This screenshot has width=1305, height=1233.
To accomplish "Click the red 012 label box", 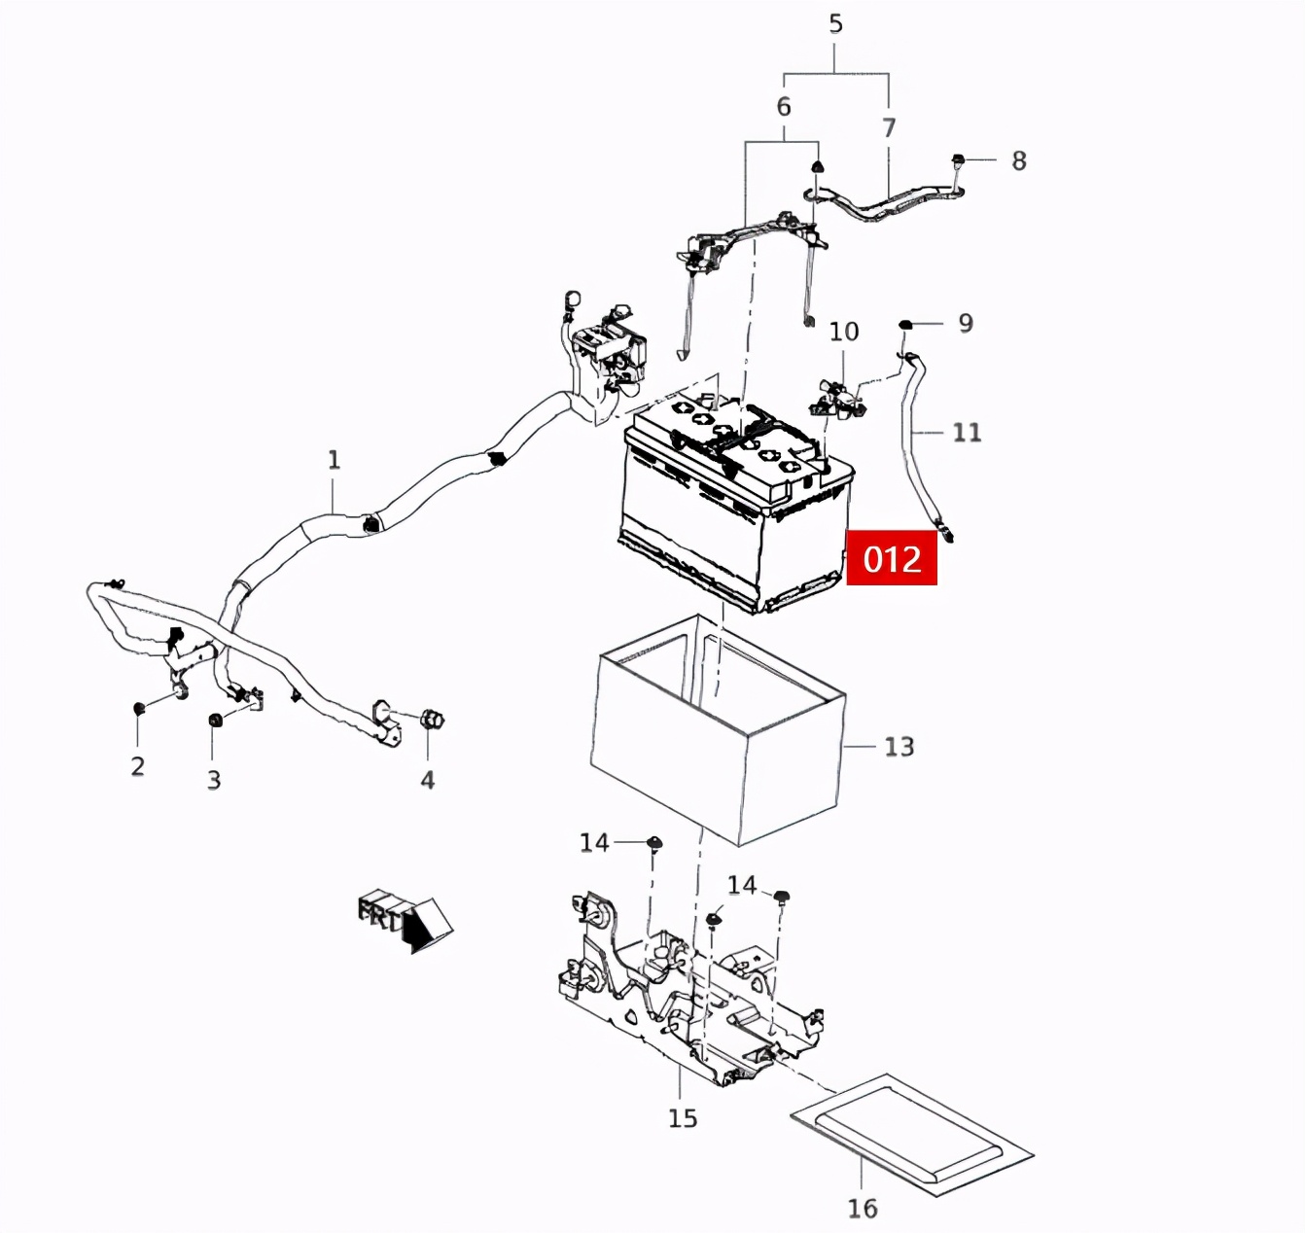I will pyautogui.click(x=892, y=558).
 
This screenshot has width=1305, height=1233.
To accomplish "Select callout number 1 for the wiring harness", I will pyautogui.click(x=334, y=459).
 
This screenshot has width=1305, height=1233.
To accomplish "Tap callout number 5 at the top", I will pyautogui.click(x=835, y=23).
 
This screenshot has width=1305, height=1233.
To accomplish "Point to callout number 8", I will pyautogui.click(x=1018, y=160).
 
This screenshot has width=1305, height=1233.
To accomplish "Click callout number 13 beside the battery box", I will pyautogui.click(x=899, y=746).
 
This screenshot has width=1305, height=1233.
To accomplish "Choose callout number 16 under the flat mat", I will pyautogui.click(x=862, y=1208).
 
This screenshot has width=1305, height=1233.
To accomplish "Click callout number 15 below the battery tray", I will pyautogui.click(x=682, y=1118).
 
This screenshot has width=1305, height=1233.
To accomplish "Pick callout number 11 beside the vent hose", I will pyautogui.click(x=966, y=432).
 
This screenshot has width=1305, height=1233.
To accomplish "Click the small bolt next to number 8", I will pyautogui.click(x=958, y=159).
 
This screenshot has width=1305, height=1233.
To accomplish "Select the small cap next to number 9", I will pyautogui.click(x=904, y=324).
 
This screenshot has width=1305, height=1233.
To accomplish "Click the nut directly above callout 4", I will pyautogui.click(x=431, y=721).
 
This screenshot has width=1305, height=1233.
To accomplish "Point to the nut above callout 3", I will pyautogui.click(x=214, y=720).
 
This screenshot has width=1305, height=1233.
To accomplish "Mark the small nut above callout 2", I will pyautogui.click(x=139, y=706).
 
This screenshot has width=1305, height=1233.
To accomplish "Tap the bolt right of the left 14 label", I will pyautogui.click(x=653, y=842).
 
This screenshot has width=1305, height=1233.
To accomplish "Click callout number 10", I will pyautogui.click(x=843, y=332).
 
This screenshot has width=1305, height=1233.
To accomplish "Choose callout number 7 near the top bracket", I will pyautogui.click(x=888, y=127).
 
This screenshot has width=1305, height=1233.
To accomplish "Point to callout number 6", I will pyautogui.click(x=783, y=106).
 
